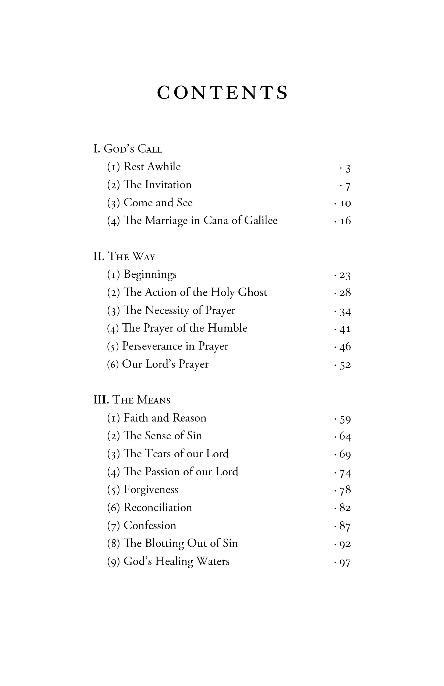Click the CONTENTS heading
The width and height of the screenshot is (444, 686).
[x=222, y=93]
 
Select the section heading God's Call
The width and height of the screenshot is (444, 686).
[x=128, y=149]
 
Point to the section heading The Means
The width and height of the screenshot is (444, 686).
[x=132, y=400]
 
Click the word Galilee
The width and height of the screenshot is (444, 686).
[x=261, y=221]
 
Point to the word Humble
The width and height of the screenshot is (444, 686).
[x=227, y=328]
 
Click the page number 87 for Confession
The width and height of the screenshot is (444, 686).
[x=345, y=526]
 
